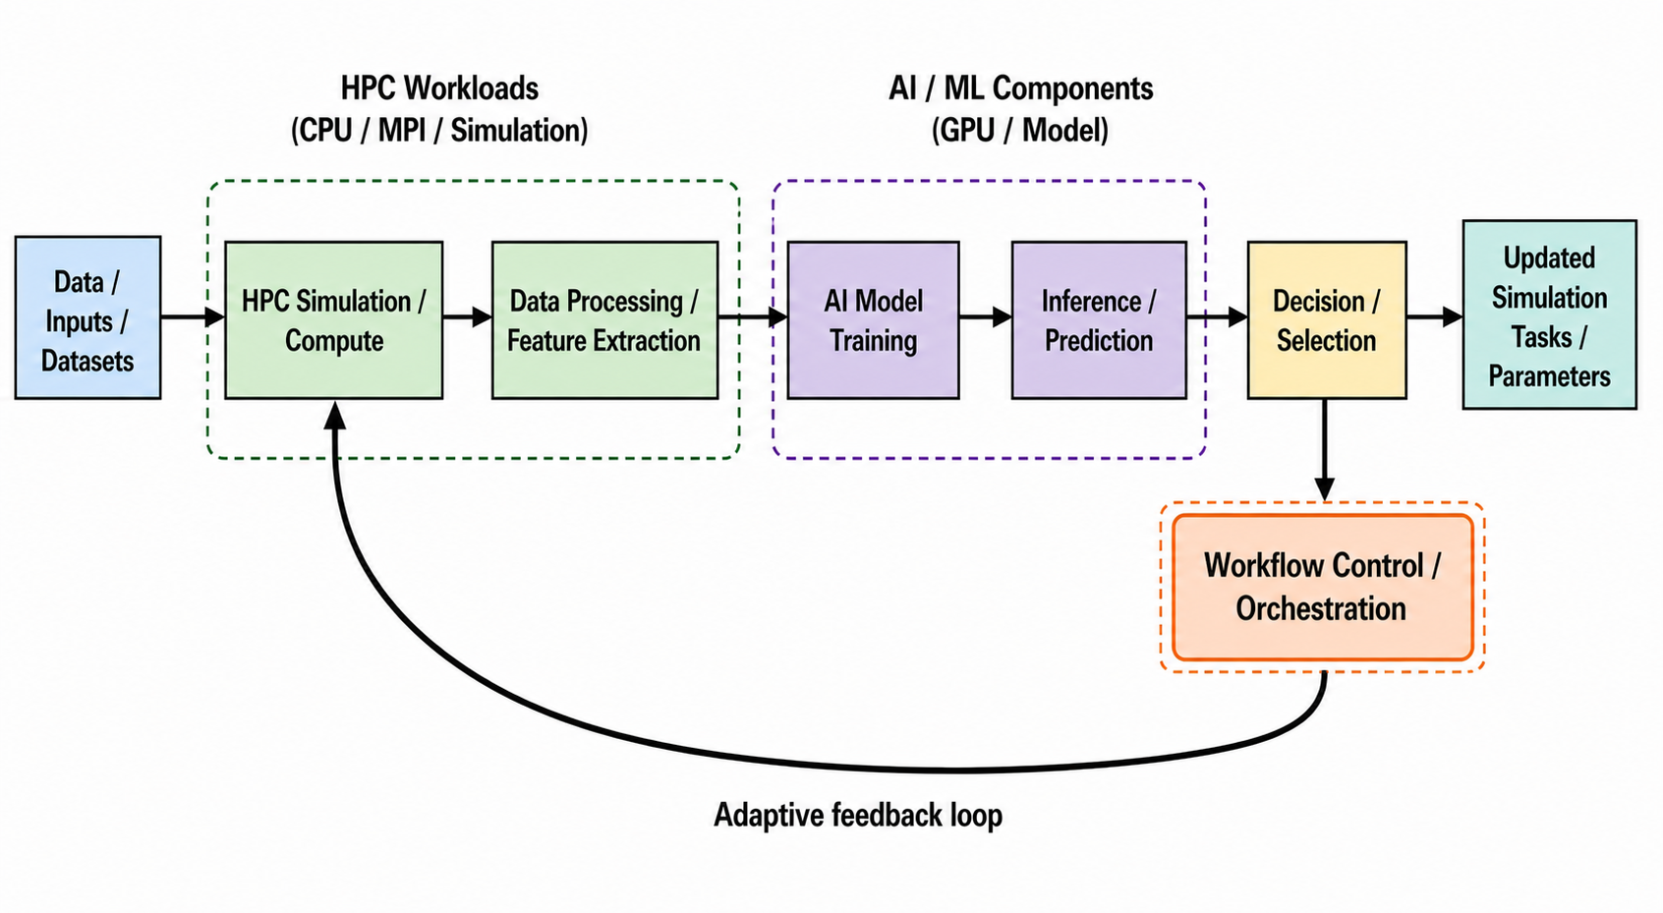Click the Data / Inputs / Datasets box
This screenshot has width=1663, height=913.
coord(87,317)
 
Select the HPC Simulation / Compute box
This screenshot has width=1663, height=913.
coord(334,320)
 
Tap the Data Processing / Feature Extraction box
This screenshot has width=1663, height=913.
coord(605,320)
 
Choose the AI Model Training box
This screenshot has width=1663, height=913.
coord(873,320)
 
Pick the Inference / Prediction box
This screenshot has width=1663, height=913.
coord(1099,320)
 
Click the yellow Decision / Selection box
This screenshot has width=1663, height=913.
coord(1327,320)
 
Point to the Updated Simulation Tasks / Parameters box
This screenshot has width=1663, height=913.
coord(1549,314)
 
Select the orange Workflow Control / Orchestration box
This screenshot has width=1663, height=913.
coord(1323,587)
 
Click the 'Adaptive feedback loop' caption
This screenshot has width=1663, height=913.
coord(858,815)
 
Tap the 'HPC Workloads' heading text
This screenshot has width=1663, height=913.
coord(439,88)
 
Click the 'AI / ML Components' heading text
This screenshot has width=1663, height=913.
coord(1021,88)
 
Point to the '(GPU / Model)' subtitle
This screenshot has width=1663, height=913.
coord(1020,131)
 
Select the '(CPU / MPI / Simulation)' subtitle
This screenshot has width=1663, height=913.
coord(439,131)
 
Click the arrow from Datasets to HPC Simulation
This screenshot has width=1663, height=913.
coord(193,317)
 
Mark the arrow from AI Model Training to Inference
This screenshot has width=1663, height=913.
coord(985,317)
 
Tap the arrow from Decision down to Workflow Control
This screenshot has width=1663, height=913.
coord(1325,450)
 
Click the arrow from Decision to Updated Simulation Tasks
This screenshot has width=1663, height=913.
coord(1434,317)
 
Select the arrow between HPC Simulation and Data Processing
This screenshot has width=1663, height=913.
coord(468,317)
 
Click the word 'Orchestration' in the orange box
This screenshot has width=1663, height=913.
coord(1321,608)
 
